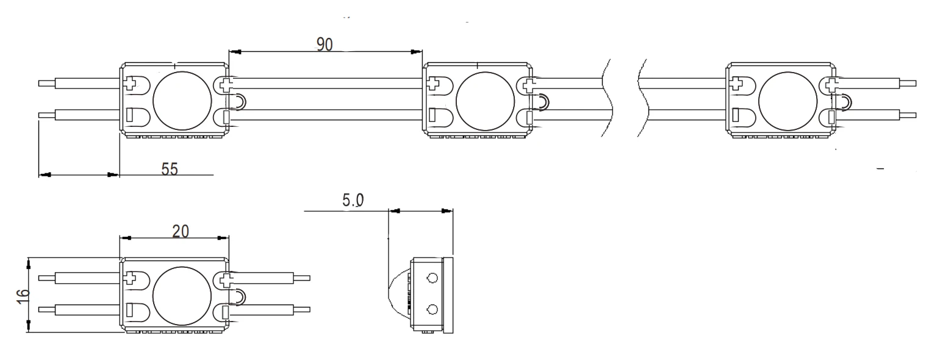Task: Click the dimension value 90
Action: point(325,45)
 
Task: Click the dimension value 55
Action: point(169,169)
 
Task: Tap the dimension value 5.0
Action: point(353,200)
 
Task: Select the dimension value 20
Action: point(181,231)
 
